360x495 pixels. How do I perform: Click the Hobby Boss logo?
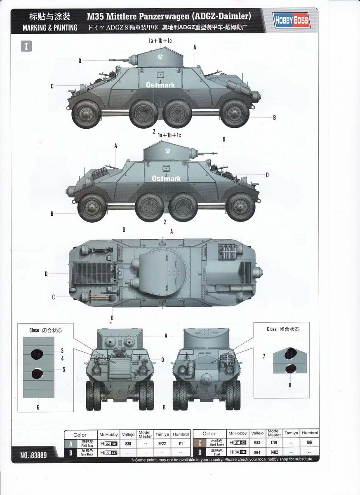(x=291, y=21)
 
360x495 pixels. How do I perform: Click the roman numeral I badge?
(x=26, y=46)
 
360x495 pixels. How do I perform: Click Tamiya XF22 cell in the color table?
(x=162, y=443)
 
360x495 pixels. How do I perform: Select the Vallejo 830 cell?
(x=128, y=443)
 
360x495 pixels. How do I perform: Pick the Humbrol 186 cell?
(x=309, y=442)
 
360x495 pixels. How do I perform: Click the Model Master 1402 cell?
(x=274, y=452)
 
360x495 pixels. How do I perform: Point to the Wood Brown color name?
(x=216, y=445)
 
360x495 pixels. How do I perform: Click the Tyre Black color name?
(x=87, y=454)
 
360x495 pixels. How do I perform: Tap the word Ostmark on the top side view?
(x=160, y=85)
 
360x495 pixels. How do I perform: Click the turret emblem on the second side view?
(x=168, y=151)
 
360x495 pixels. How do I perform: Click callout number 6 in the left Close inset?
(x=38, y=407)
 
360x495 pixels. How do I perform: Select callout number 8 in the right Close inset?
(x=290, y=385)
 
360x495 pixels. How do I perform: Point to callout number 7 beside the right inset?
(x=264, y=356)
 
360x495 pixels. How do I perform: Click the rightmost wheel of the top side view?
(x=235, y=113)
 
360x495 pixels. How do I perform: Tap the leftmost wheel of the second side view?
(x=92, y=208)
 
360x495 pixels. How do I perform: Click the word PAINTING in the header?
(x=66, y=28)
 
